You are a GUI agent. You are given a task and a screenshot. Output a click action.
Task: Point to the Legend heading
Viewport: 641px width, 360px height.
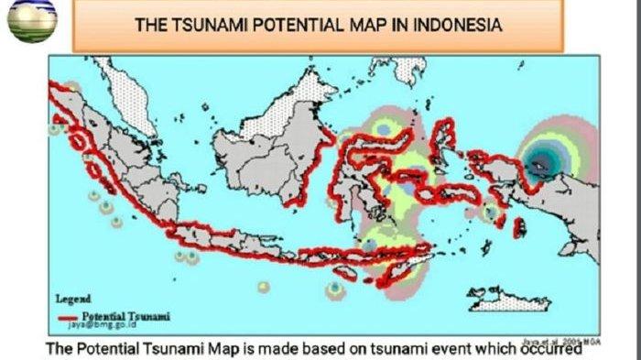coord(72,299)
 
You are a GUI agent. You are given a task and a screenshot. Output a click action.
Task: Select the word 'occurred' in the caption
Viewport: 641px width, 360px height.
coord(548,347)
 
